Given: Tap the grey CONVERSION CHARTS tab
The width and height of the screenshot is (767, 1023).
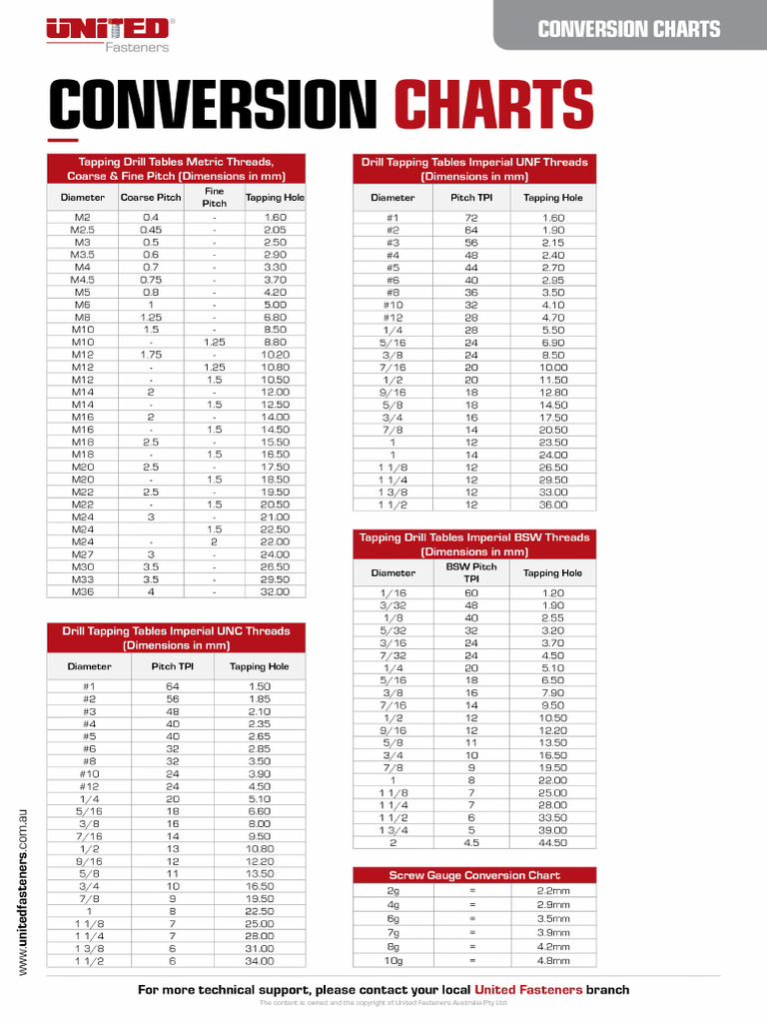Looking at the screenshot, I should coord(629,28).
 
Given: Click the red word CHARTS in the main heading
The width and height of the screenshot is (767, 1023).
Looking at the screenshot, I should coord(493,107).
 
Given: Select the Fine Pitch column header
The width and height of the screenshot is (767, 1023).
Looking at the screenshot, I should coord(214,197).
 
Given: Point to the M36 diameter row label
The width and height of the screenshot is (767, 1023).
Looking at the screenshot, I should coord(82,591).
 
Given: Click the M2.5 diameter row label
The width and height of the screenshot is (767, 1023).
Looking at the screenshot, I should coord(82,230).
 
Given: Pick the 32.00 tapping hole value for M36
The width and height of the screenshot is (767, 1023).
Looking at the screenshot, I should coord(275,591).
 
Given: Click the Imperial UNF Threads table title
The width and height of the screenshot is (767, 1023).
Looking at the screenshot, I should coord(474,168).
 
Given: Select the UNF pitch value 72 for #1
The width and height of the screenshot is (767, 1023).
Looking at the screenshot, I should coord(471,218).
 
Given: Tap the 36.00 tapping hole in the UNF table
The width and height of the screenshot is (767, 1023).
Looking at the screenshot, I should coord(552,505).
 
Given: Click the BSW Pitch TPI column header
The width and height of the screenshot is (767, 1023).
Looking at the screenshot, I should coord(471,572).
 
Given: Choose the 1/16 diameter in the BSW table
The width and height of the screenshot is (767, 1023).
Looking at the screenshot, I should coord(392,592).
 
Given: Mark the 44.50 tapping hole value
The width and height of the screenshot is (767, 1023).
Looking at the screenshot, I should coord(552,842).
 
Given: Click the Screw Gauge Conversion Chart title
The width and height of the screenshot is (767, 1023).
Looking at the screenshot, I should coord(474,875).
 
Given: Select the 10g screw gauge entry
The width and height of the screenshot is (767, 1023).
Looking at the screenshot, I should coord(392,960).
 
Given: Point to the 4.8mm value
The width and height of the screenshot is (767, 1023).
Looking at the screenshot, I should coord(552,960).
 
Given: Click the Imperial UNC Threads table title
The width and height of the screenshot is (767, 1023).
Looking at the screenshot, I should coord(176,637).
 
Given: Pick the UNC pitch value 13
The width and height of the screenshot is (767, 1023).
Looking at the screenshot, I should coord(173,848).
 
